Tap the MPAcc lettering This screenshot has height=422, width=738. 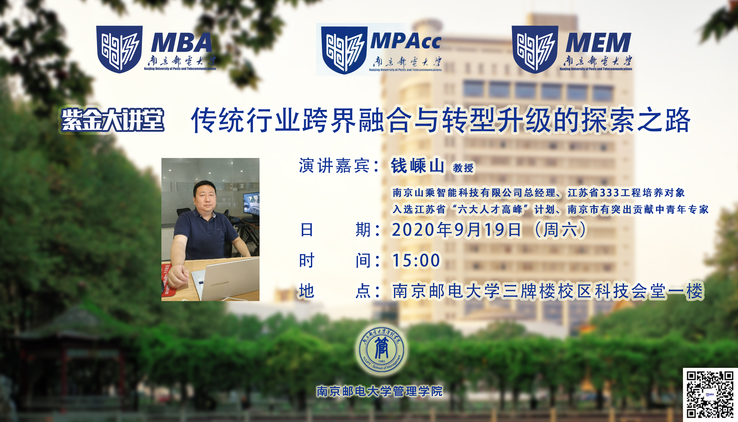pyautogui.click(x=406, y=41)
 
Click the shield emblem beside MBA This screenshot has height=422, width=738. pyautogui.click(x=119, y=49)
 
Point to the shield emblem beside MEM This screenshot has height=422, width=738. pyautogui.click(x=535, y=49)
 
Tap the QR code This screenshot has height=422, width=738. pyautogui.click(x=710, y=394)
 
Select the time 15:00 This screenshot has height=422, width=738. pyautogui.click(x=416, y=260)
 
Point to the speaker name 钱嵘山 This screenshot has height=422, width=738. pyautogui.click(x=417, y=166)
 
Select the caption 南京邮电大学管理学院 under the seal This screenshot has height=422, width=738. pyautogui.click(x=380, y=391)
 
